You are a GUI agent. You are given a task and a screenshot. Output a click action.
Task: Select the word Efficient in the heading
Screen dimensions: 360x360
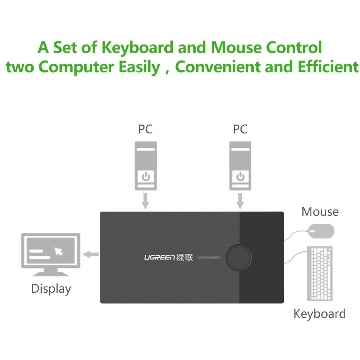pyautogui.click(x=328, y=67)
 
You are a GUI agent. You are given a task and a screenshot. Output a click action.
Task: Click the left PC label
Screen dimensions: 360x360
pyautogui.click(x=145, y=129)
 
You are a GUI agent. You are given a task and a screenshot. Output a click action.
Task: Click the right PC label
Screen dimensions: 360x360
pyautogui.click(x=240, y=129)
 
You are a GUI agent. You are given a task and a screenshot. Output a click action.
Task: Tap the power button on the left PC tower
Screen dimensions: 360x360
pyautogui.click(x=146, y=177)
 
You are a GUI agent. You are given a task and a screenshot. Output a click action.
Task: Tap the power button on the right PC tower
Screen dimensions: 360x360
pyautogui.click(x=241, y=177)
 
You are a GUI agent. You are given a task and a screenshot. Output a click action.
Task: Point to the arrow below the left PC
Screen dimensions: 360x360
pyautogui.click(x=145, y=201)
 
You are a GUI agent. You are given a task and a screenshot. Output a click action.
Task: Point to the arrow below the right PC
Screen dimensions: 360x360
pyautogui.click(x=240, y=201)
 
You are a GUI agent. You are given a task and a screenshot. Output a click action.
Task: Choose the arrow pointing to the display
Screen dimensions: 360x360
pyautogui.click(x=91, y=254)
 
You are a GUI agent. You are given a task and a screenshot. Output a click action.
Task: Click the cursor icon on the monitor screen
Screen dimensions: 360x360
pyautogui.click(x=59, y=251)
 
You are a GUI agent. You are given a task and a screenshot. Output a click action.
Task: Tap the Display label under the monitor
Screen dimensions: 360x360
pyautogui.click(x=51, y=289)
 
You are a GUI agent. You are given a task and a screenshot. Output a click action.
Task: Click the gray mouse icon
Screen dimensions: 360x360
pyautogui.click(x=321, y=232)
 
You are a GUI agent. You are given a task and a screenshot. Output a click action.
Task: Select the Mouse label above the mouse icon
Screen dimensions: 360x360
pyautogui.click(x=320, y=212)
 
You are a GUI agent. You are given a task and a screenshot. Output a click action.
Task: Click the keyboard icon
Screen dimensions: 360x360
pyautogui.click(x=320, y=273)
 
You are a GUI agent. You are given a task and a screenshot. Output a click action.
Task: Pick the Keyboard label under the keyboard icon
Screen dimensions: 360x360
pyautogui.click(x=319, y=314)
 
